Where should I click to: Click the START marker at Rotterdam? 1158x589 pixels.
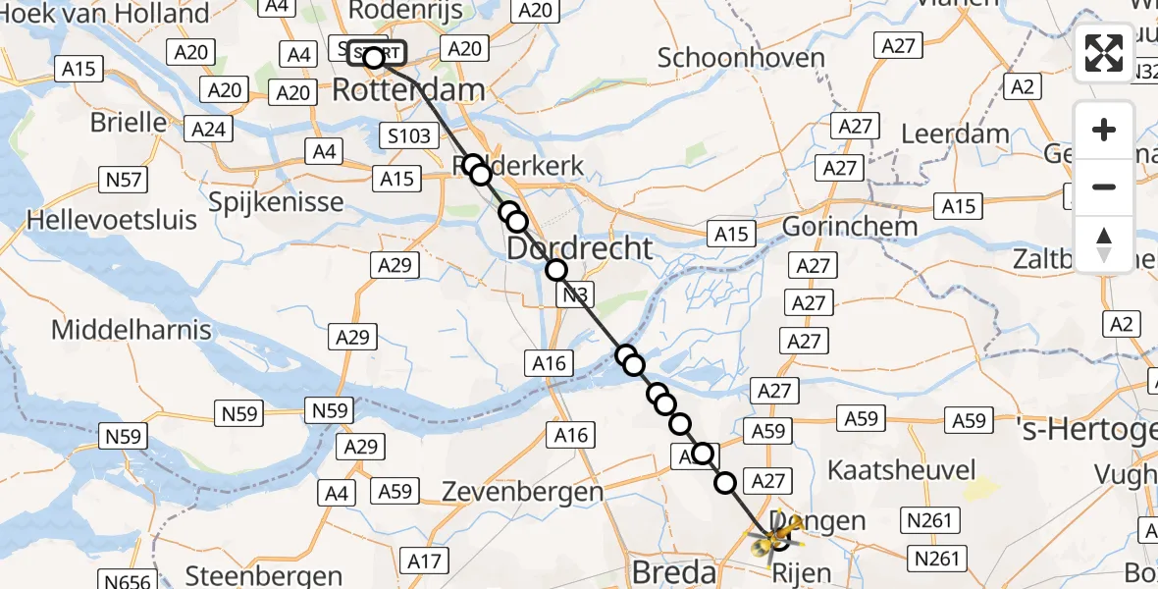375,56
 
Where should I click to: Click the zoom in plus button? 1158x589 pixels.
1104,130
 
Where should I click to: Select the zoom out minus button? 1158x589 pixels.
1104,187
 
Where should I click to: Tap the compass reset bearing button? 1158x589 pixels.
1104,242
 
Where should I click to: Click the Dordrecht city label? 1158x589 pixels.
579,248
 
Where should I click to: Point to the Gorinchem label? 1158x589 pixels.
850,226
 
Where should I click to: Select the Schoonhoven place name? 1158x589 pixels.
741,58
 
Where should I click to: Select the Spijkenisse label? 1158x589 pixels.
277,202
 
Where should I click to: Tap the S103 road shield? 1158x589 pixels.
408,134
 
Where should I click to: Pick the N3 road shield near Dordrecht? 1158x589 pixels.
575,294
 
